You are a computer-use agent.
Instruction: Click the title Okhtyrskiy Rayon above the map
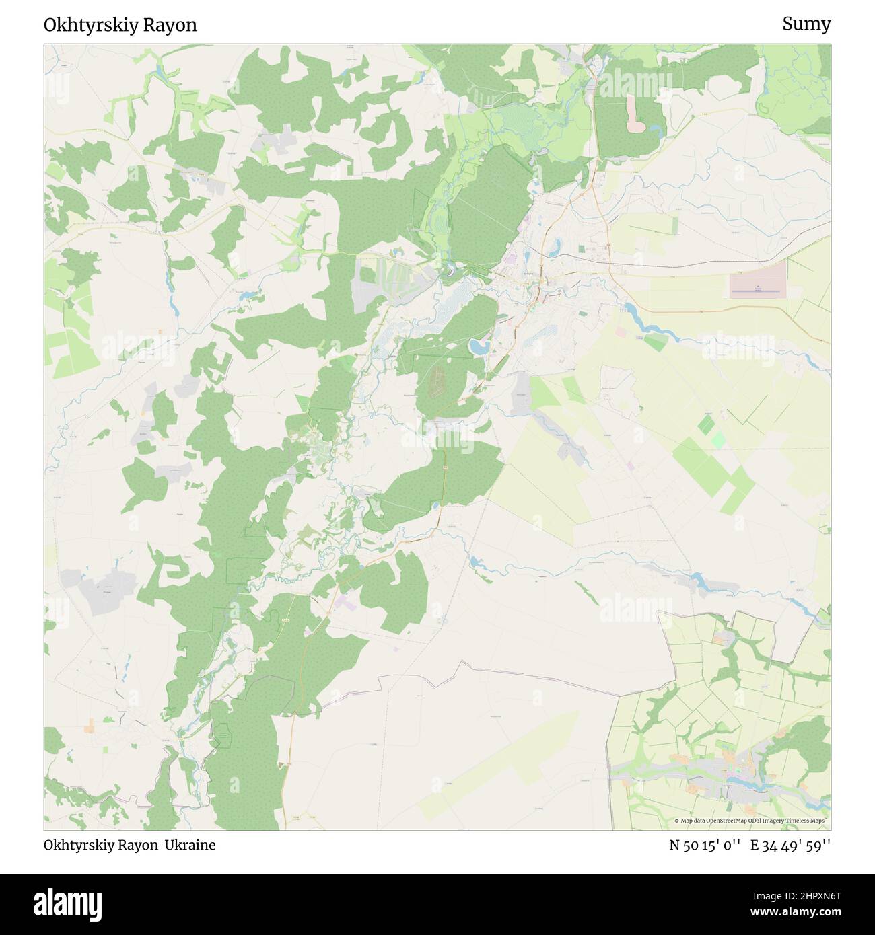120,25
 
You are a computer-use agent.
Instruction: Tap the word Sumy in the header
806,24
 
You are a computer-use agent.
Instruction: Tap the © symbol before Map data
677,821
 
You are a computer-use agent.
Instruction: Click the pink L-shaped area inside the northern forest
635,114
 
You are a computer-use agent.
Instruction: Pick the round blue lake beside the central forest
479,347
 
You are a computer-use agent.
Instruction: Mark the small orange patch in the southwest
90,727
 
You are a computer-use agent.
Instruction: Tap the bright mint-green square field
719,441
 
